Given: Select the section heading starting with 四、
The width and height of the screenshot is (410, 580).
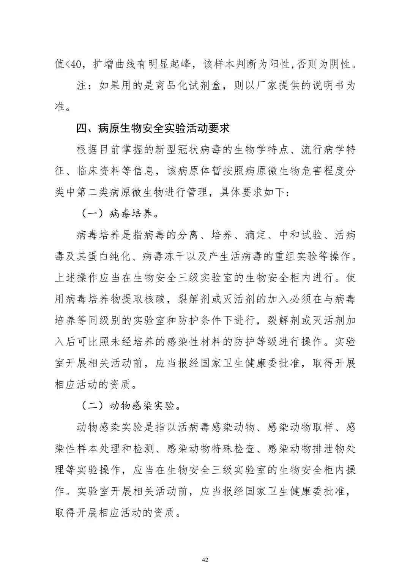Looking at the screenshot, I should tap(153, 128).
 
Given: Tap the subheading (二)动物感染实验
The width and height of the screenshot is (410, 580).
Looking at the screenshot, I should tap(131, 406).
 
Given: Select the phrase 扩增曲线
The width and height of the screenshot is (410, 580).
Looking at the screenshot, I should tap(115, 65).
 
